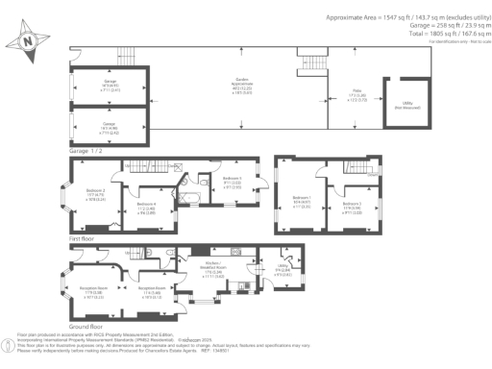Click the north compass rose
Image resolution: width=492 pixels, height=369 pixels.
coord(26,39)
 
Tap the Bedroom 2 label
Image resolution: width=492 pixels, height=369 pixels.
coord(96,195)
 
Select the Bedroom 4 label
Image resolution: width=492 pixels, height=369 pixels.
coord(146,206)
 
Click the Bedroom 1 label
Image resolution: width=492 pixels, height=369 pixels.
coord(301,201)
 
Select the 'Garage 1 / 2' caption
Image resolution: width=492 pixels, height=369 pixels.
coord(86,150)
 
